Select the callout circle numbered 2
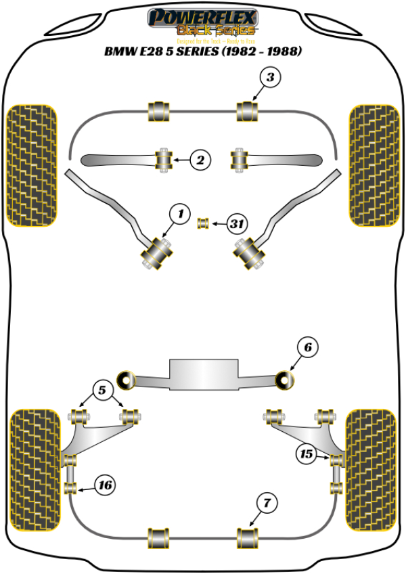pyautogui.click(x=200, y=160)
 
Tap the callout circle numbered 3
pyautogui.click(x=270, y=79)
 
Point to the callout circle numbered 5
pyautogui.click(x=103, y=390)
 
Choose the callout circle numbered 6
pyautogui.click(x=307, y=348)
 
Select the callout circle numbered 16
pyautogui.click(x=105, y=485)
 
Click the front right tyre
pyautogui.click(x=373, y=166)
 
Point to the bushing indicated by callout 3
pyautogui.click(x=247, y=111)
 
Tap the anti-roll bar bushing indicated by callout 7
pyautogui.click(x=247, y=538)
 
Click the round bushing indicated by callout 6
pyautogui.click(x=286, y=380)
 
